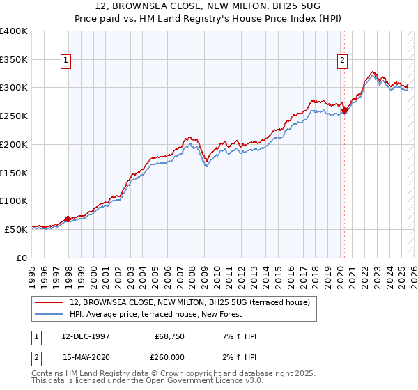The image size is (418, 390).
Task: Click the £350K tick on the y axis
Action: [14, 60]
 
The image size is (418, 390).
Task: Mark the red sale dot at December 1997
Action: [68, 219]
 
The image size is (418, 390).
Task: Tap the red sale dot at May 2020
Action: [345, 111]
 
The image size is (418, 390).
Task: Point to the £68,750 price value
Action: [168, 336]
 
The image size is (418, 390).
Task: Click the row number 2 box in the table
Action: [36, 357]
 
